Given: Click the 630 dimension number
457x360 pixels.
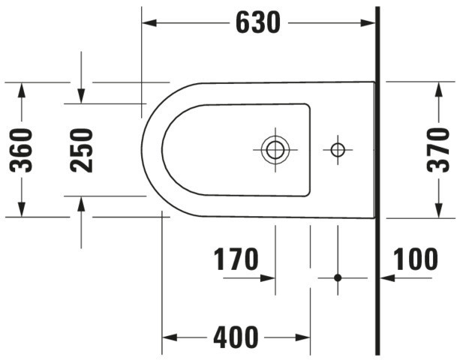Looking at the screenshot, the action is pos(258,22).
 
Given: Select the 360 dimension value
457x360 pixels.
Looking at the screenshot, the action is pos(21,150).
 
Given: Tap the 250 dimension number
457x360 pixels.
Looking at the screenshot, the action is pos(81,150).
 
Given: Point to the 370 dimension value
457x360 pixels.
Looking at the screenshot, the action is pos(438,150).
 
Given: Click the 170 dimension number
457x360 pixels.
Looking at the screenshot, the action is pos(236,259).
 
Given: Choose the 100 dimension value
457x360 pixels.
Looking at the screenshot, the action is pos(415,259).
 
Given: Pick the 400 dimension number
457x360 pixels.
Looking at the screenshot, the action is pos(236,337).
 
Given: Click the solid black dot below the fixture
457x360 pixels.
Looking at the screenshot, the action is pos(338,277).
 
